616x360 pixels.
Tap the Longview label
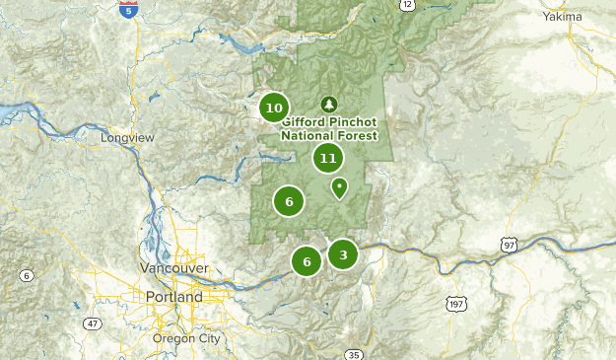pyautogui.click(x=128, y=138)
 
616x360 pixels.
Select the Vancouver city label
pyautogui.click(x=173, y=268)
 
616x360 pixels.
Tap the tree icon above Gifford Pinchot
pyautogui.click(x=328, y=104)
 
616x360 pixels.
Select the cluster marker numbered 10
pyautogui.click(x=274, y=108)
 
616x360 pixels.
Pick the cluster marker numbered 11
pyautogui.click(x=328, y=158)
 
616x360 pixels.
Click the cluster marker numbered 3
pyautogui.click(x=342, y=254)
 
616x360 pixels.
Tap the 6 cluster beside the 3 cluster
pyautogui.click(x=307, y=261)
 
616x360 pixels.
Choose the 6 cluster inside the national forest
pyautogui.click(x=289, y=201)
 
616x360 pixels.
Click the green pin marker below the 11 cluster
pyautogui.click(x=339, y=186)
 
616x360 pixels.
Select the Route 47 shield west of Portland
pyautogui.click(x=92, y=323)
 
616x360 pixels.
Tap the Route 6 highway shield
pyautogui.click(x=25, y=273)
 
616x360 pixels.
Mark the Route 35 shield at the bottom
pyautogui.click(x=354, y=354)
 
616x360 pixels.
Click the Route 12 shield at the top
pyautogui.click(x=407, y=5)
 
